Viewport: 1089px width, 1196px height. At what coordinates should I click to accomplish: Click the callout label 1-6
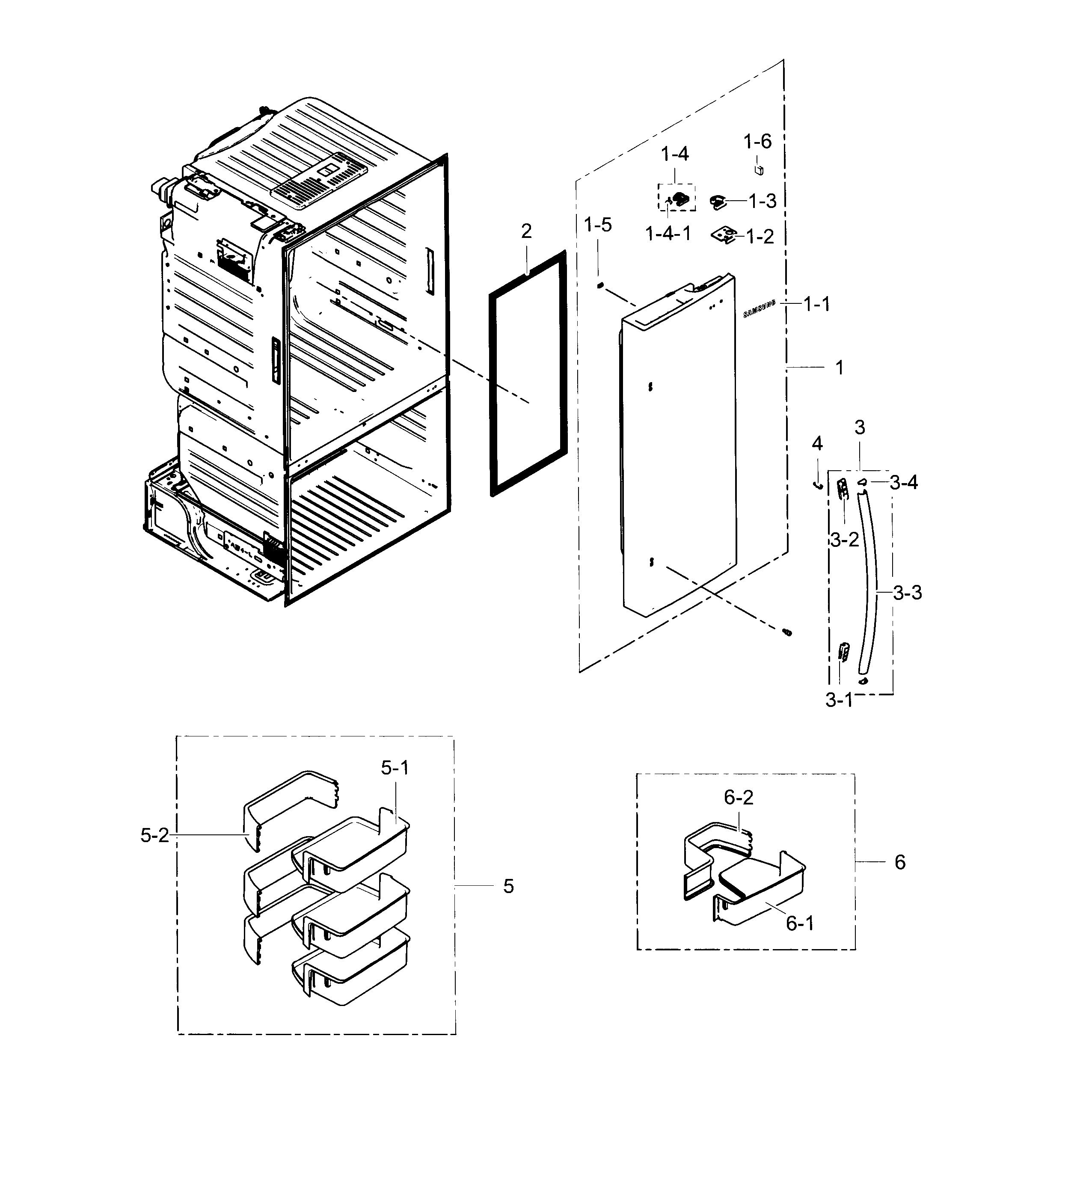757,141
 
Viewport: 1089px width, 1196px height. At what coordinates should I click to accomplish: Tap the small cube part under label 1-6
758,170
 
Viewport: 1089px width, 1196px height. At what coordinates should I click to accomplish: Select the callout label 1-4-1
668,234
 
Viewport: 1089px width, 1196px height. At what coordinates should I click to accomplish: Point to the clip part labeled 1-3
717,202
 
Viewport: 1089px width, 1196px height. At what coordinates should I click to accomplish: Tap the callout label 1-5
597,225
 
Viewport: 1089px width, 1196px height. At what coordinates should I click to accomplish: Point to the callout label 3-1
839,700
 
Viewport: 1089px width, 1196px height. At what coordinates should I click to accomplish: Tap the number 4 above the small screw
817,443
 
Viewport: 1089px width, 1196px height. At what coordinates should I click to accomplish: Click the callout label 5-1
395,768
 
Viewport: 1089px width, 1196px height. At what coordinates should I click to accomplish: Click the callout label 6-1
800,923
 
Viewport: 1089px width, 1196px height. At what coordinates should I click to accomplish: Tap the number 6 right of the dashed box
900,862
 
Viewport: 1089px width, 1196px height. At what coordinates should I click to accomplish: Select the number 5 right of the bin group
508,886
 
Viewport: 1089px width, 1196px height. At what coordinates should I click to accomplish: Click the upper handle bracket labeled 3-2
842,490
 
